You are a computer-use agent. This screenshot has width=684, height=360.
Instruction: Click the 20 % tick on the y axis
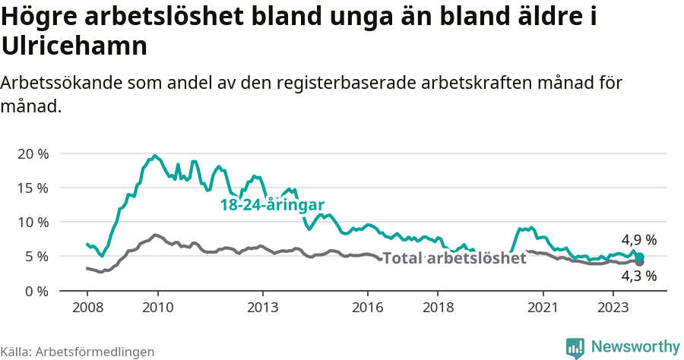click(33, 153)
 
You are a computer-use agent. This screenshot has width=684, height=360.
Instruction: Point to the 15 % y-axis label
click(33, 188)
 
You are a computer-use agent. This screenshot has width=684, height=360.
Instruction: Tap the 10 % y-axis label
click(33, 222)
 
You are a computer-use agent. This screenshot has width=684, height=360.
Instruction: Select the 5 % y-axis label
click(36, 257)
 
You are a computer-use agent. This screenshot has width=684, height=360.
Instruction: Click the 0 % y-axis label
click(36, 291)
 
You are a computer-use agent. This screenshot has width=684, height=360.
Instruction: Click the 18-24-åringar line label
click(272, 205)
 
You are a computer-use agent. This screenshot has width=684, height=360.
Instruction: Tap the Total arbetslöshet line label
click(454, 258)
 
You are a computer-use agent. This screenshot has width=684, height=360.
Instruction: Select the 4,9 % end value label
click(638, 240)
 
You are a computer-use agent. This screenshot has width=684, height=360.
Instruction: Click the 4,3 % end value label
click(638, 276)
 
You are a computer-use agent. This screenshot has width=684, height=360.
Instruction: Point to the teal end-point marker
click(640, 257)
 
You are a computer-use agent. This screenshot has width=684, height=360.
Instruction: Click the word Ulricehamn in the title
click(75, 46)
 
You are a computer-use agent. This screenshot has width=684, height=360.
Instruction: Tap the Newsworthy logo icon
click(575, 347)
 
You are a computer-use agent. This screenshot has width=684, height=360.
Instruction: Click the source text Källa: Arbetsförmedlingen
click(78, 352)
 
